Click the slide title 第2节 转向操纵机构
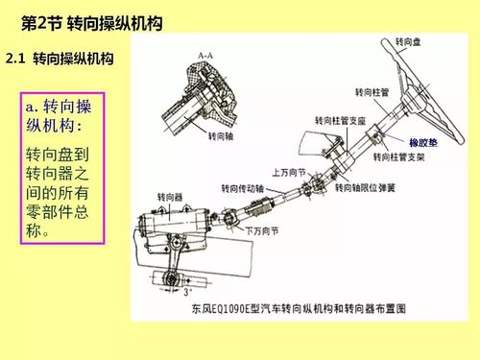click(90, 20)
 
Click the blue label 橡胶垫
click(423, 141)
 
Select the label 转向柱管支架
click(399, 156)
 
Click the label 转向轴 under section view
click(224, 136)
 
